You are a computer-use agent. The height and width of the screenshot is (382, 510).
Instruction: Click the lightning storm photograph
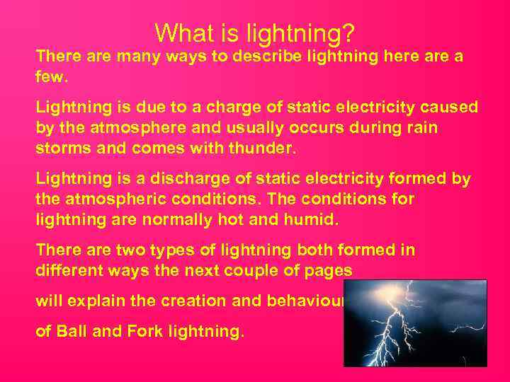(415, 323)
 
